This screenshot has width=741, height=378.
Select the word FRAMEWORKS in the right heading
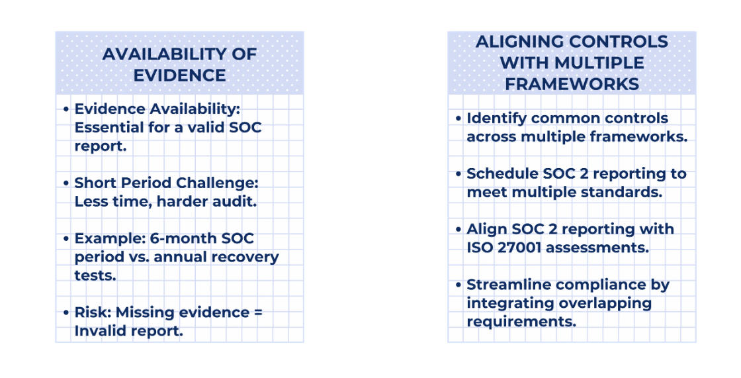pyautogui.click(x=572, y=84)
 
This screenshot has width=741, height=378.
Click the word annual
pyautogui.click(x=180, y=257)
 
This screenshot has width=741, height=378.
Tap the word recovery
pyautogui.click(x=245, y=258)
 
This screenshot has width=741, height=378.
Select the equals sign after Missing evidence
pyautogui.click(x=257, y=312)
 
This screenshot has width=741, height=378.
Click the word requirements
pyautogui.click(x=522, y=322)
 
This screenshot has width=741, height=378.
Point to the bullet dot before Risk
pyautogui.click(x=66, y=312)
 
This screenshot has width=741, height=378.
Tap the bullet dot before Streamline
pyautogui.click(x=458, y=285)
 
